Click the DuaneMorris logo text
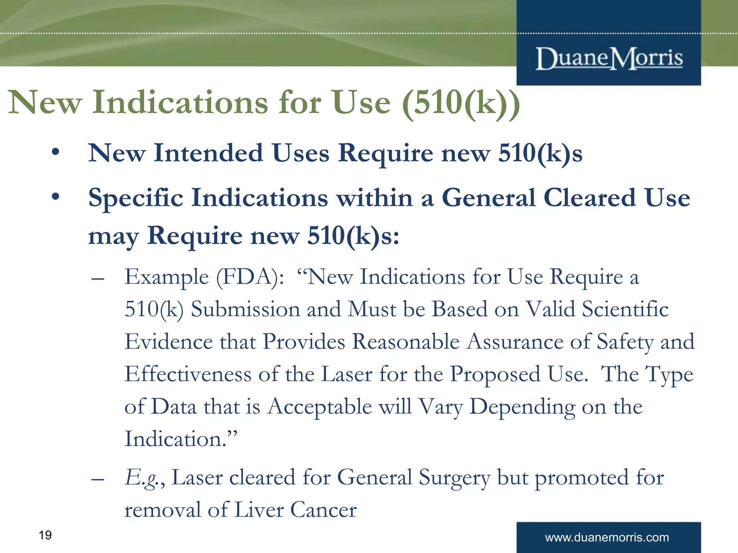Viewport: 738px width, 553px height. [x=609, y=58]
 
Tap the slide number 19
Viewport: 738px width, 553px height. [x=45, y=535]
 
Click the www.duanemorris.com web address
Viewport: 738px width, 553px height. [x=607, y=538]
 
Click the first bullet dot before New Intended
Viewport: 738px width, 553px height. [x=55, y=153]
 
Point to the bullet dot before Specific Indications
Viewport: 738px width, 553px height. [x=55, y=197]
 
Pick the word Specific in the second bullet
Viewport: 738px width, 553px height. [x=135, y=198]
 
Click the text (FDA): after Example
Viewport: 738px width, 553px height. [x=250, y=277]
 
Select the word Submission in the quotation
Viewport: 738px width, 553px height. [x=245, y=310]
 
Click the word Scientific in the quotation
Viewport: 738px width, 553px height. [x=625, y=310]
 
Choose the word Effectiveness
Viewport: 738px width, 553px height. [x=188, y=374]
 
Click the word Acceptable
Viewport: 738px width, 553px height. [x=320, y=407]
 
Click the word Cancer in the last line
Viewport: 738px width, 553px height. [x=323, y=510]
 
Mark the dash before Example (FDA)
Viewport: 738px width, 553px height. [x=98, y=279]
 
